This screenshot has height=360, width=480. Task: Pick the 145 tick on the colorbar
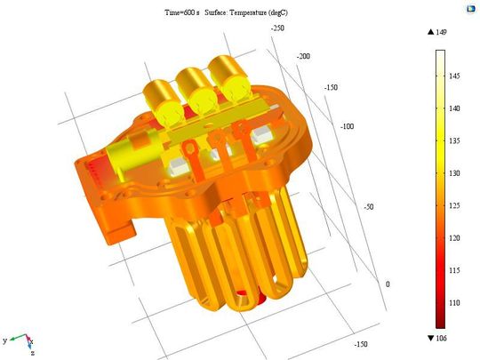click(x=456, y=77)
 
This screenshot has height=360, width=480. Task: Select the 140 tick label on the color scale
click(x=456, y=109)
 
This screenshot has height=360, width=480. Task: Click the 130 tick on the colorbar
click(x=456, y=173)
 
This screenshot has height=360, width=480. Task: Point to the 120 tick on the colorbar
click(x=456, y=238)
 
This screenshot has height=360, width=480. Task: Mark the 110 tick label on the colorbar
click(x=456, y=302)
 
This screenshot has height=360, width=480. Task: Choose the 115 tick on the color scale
click(x=456, y=270)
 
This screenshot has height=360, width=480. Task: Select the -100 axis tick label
click(x=347, y=126)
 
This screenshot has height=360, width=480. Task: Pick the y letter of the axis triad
click(x=5, y=340)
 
